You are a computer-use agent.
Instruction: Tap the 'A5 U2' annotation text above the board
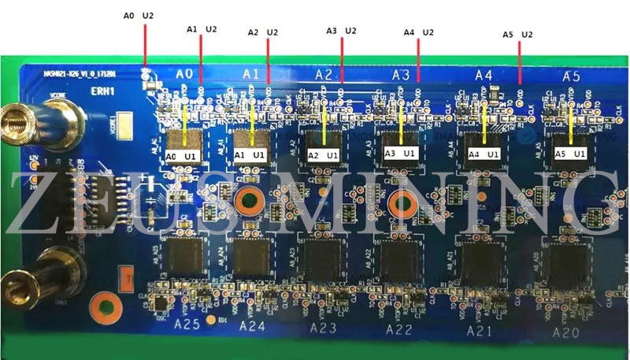[517, 35]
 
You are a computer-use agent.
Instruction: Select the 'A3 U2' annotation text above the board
[341, 31]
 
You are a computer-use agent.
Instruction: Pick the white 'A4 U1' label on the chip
[484, 154]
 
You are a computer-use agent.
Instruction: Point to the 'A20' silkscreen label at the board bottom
[565, 332]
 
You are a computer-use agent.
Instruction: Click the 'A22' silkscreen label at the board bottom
[398, 330]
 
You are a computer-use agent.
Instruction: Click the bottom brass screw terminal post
[17, 281]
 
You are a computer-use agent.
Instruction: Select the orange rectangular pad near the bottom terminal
[124, 276]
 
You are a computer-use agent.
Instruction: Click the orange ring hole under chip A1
[249, 201]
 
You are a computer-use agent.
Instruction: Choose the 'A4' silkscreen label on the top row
[483, 75]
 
